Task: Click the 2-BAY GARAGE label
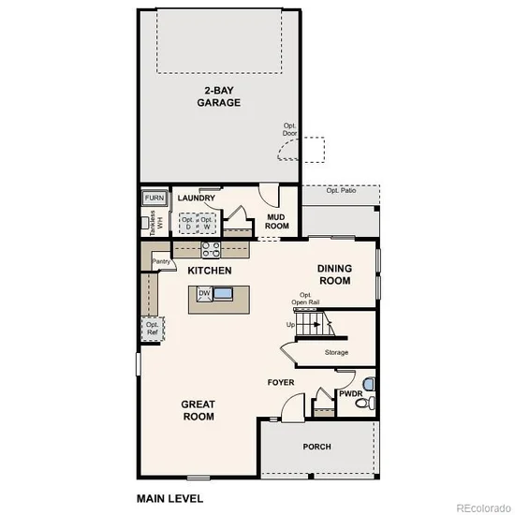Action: tap(219, 96)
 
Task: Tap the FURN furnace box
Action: tap(154, 199)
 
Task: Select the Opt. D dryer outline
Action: tap(188, 224)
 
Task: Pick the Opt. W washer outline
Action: tap(207, 224)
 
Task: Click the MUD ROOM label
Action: tap(277, 222)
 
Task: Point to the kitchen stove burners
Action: tap(211, 249)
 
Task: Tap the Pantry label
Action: tap(161, 261)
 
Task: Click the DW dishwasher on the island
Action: tap(204, 293)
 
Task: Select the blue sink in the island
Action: tap(223, 293)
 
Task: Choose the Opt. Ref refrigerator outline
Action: tap(153, 329)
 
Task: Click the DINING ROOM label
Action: tap(334, 274)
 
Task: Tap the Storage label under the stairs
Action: tap(336, 352)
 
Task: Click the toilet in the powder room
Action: tap(366, 403)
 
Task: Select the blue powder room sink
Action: tap(369, 384)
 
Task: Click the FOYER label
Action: tap(281, 382)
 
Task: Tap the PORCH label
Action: tap(316, 447)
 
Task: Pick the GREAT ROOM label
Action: tap(199, 410)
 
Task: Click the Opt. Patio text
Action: tap(341, 190)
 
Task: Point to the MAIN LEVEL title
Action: tap(169, 499)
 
